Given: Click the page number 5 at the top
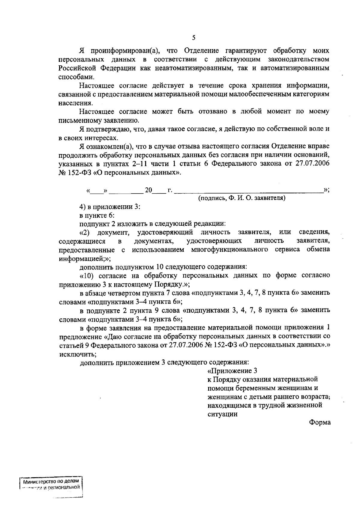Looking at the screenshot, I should click(193, 37).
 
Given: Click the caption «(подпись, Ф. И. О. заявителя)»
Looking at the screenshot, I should click(242, 198).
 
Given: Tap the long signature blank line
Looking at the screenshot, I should click(249, 190).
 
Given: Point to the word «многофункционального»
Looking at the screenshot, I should click(229, 250).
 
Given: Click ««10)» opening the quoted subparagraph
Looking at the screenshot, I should click(87, 275).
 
